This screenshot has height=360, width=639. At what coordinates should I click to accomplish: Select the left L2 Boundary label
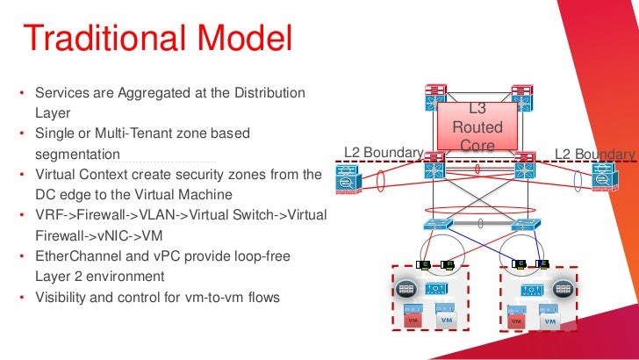tap(384, 152)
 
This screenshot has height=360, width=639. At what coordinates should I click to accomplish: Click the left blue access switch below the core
tap(435, 225)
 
